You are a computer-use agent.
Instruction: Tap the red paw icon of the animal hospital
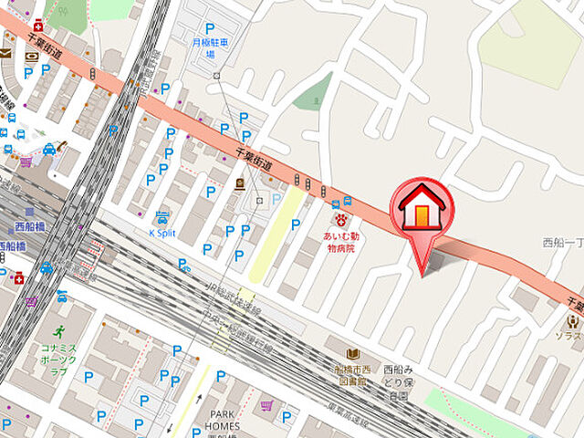[342, 221]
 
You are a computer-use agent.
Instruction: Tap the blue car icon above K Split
[162, 217]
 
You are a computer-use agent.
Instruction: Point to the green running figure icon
[59, 331]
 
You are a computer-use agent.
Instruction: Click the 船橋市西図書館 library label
[353, 377]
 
